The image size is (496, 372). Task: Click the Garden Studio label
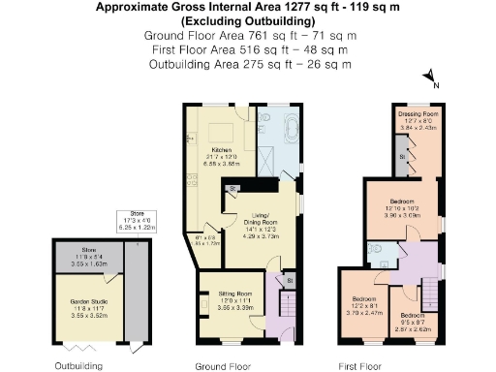(x=86, y=307)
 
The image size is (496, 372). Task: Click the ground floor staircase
(x=290, y=308)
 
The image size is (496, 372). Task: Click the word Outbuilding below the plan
(x=79, y=365)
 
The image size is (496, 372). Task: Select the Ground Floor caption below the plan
(x=222, y=365)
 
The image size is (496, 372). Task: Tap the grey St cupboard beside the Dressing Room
(x=402, y=159)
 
